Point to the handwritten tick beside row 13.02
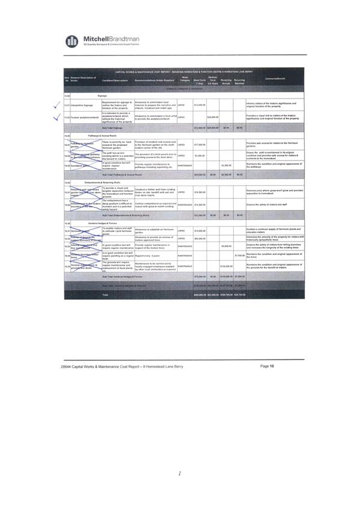click(56, 117)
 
